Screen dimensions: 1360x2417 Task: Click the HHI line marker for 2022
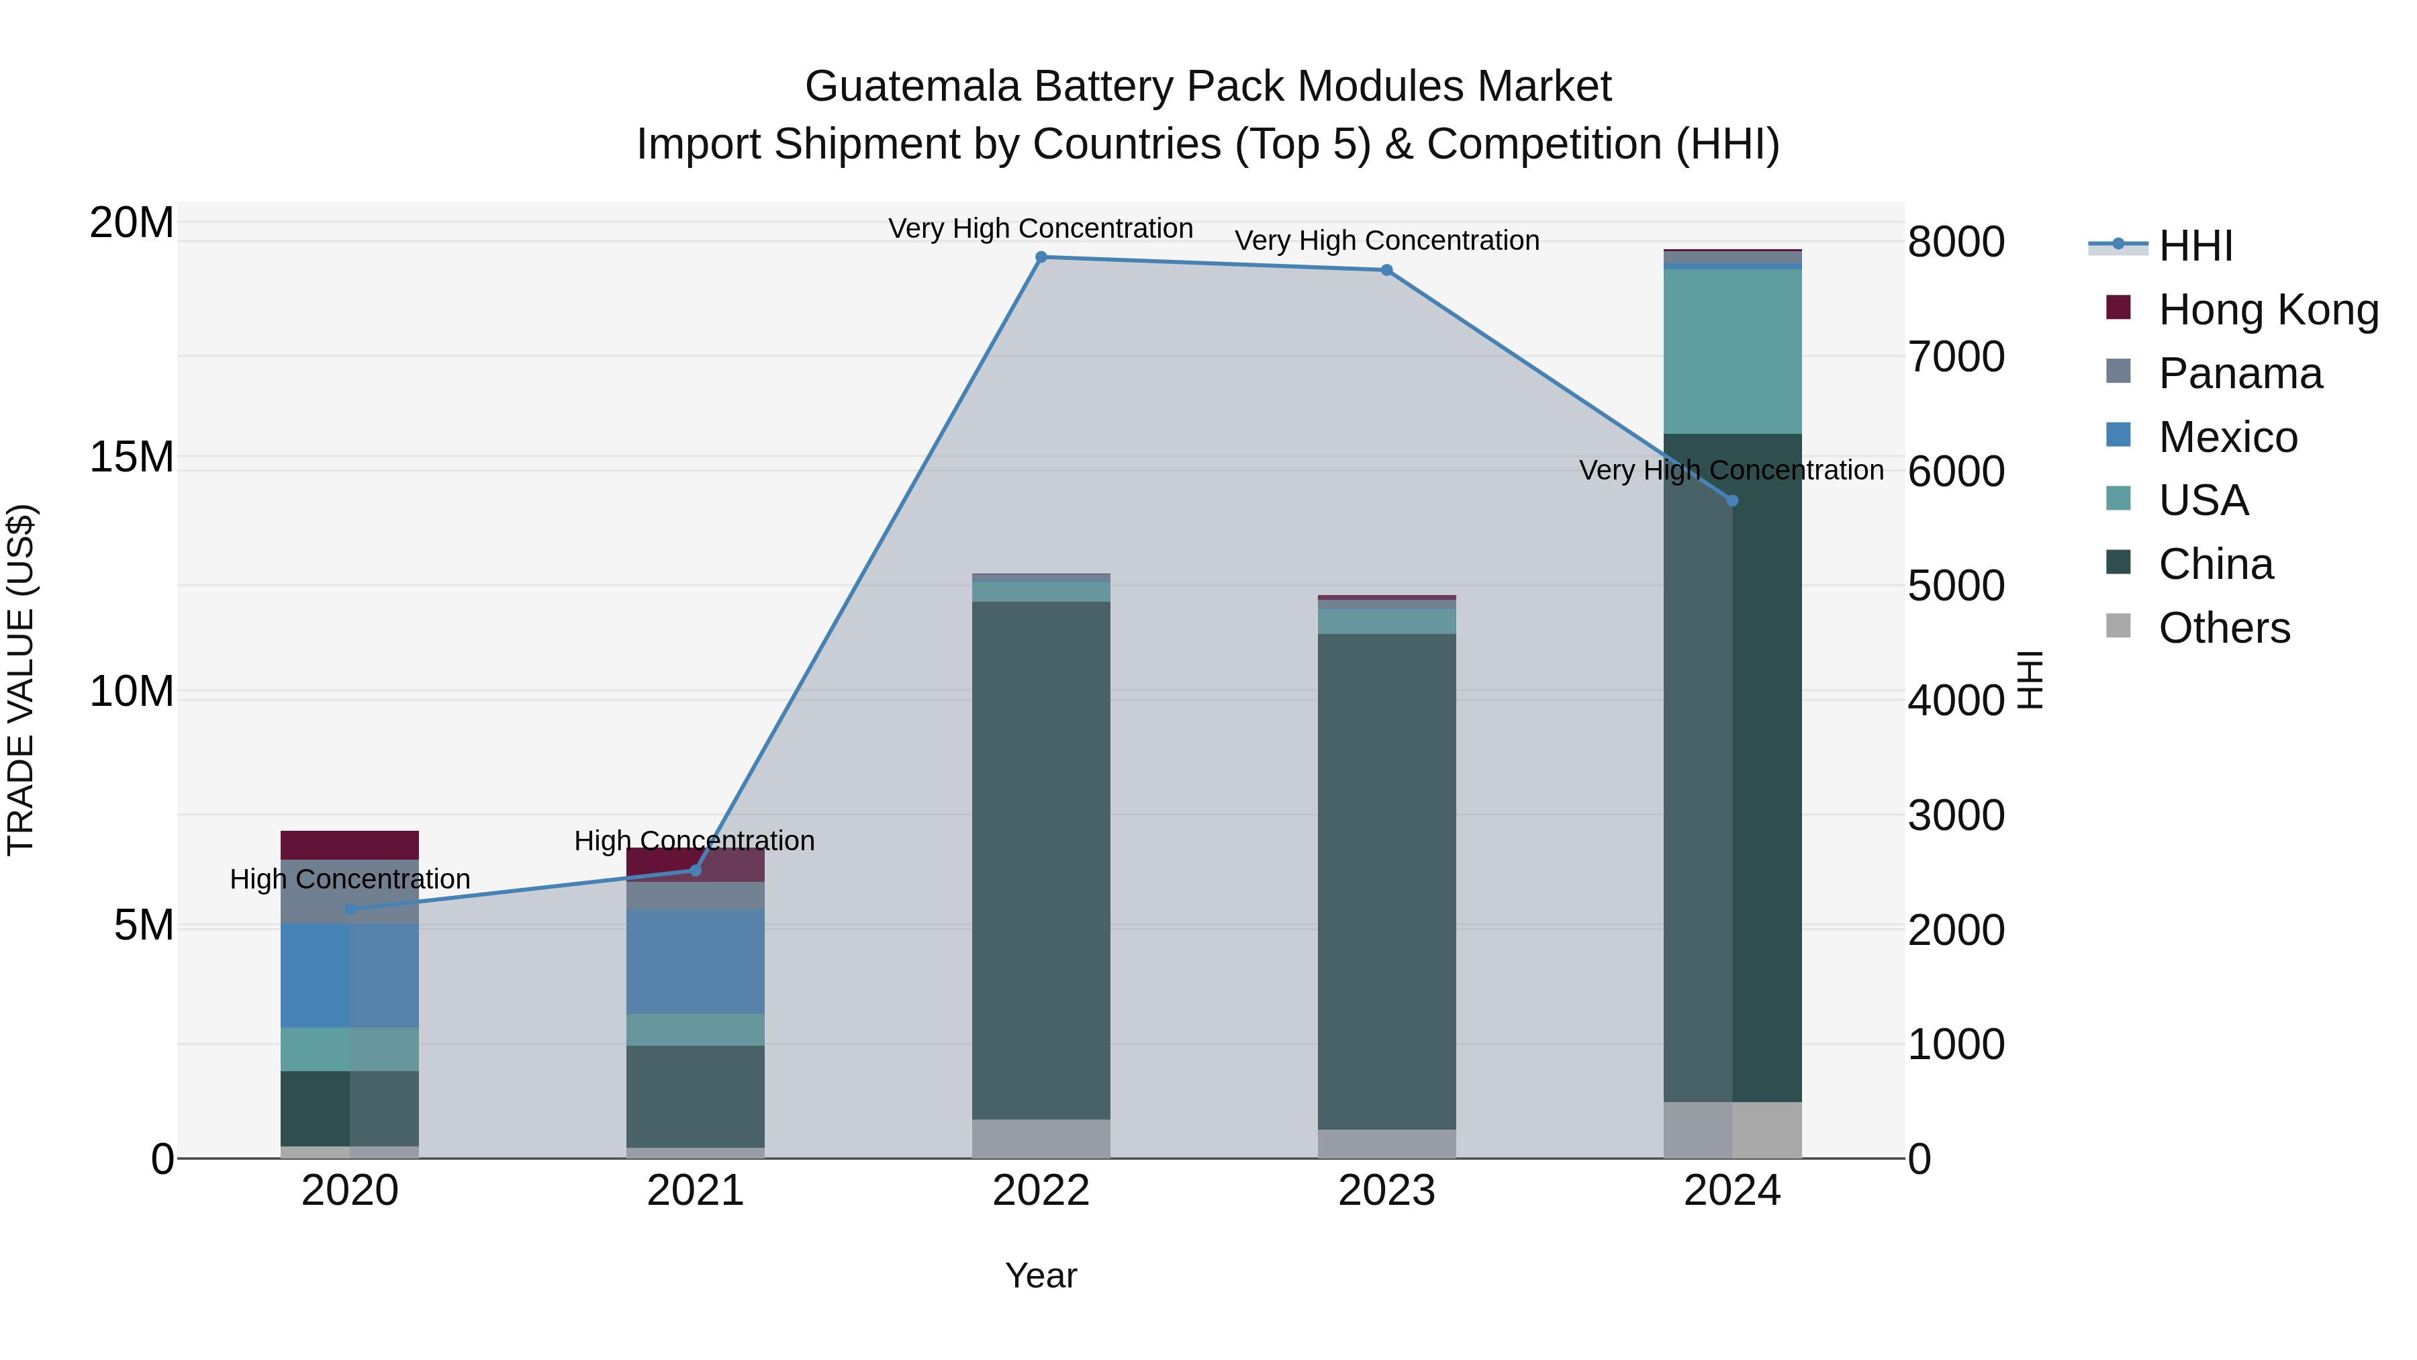(1041, 257)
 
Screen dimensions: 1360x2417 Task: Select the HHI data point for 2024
(1732, 501)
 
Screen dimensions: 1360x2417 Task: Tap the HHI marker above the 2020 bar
(350, 909)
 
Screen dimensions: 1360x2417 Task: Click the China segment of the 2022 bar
(1041, 859)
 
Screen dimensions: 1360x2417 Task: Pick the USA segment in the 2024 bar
(1732, 351)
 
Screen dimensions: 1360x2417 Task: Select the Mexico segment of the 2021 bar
(696, 961)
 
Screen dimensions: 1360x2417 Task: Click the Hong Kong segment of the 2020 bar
(350, 845)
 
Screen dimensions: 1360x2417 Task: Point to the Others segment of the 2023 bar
(1387, 1143)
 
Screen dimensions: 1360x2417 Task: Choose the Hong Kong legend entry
(2268, 310)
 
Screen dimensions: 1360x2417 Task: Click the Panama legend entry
(2240, 373)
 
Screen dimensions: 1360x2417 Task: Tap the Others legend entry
(2224, 628)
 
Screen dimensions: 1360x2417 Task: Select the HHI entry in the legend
(2195, 246)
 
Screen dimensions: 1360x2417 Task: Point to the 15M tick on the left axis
(132, 457)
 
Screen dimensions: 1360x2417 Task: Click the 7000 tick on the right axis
(1956, 357)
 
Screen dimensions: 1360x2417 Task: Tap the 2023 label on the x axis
(1387, 1191)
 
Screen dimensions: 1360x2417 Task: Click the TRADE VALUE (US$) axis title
(21, 680)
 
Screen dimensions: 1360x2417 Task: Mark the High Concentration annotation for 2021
(694, 841)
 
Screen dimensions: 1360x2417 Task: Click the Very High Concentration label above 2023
(1387, 240)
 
